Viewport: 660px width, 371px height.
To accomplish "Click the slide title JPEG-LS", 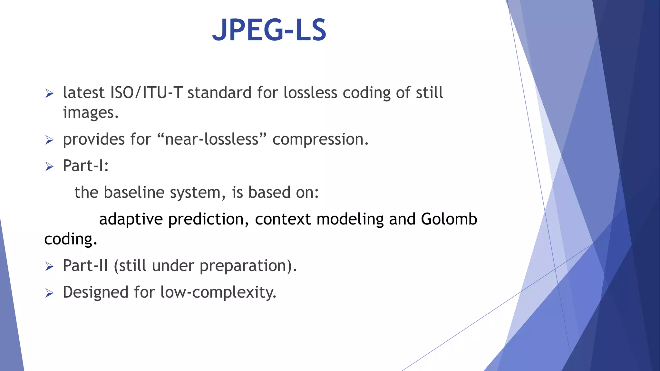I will [269, 30].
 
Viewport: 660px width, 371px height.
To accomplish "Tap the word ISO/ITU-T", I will [146, 93].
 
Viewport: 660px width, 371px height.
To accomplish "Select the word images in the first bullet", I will [91, 113].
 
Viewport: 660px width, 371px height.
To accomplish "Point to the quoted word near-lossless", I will [212, 139].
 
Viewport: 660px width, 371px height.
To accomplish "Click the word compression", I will [320, 139].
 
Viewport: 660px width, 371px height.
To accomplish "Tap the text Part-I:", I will [86, 166].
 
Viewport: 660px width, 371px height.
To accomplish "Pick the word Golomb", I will [449, 219].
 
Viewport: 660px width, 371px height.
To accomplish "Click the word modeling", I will [350, 219].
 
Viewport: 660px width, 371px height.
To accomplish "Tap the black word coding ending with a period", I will [70, 239].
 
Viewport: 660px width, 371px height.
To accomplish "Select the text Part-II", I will [85, 266].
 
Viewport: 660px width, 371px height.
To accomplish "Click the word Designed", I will [96, 292].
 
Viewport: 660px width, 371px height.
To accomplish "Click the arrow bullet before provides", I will [49, 140].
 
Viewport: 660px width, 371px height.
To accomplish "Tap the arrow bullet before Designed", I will [49, 293].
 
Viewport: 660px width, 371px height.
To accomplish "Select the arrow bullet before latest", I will [49, 94].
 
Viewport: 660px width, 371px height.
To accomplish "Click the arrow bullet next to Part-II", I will [49, 267].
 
